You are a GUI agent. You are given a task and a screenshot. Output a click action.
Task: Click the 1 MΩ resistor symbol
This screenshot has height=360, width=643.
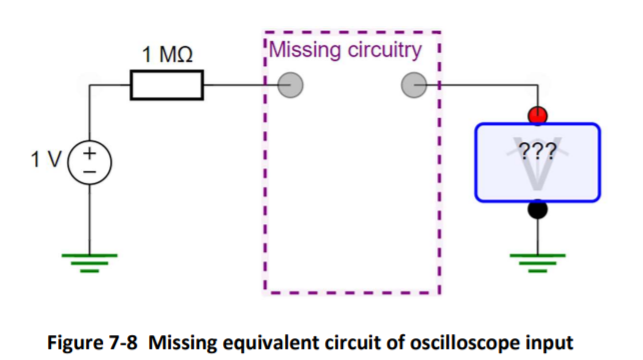[166, 86]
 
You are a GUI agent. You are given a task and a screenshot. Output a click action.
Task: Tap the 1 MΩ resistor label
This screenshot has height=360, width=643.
[167, 55]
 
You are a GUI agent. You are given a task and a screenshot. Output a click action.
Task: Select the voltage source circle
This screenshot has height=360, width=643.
[90, 160]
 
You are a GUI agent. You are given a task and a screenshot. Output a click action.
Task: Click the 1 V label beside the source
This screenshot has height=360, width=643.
[46, 159]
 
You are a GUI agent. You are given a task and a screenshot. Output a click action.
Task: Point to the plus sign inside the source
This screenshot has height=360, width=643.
[90, 152]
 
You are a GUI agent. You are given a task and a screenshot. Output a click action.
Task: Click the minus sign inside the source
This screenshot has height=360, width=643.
[90, 170]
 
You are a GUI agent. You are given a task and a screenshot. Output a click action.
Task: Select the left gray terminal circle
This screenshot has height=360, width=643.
[291, 86]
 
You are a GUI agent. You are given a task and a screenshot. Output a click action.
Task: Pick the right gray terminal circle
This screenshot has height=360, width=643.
[413, 86]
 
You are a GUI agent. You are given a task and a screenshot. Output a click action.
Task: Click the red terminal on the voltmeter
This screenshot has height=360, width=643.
[538, 116]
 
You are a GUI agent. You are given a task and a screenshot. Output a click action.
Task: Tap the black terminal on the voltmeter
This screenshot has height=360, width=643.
[538, 210]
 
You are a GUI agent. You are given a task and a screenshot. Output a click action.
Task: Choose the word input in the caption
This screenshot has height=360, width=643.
[552, 343]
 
